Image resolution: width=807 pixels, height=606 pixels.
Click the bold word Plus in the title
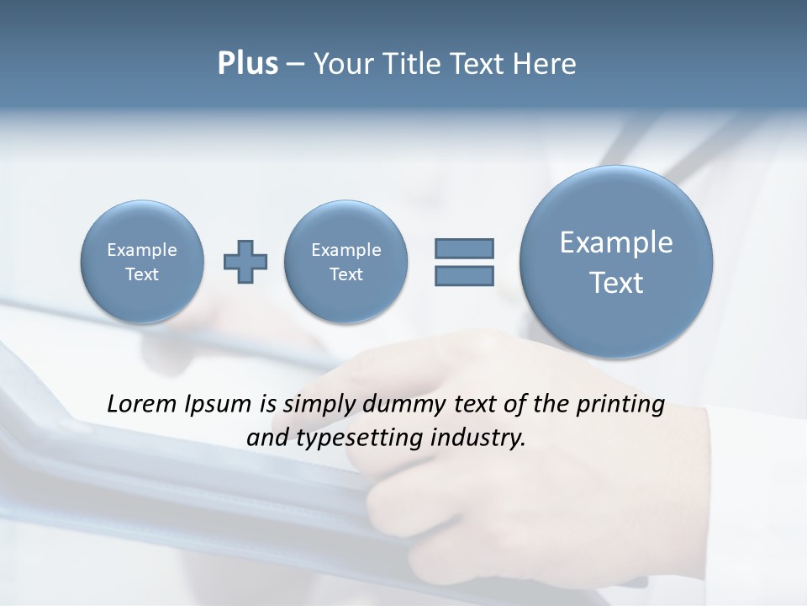coord(247,64)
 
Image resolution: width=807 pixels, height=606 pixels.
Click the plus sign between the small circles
coord(245,262)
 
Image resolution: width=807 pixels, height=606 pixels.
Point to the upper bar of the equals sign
coord(464,248)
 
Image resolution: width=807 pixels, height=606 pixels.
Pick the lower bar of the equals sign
coord(464,275)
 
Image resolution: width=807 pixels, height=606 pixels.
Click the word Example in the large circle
coord(616,242)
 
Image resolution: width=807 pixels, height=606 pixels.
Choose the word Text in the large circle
coord(616,283)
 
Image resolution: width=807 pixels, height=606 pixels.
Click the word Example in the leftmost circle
coord(142,250)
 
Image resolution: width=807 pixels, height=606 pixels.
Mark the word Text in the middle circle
coord(346,274)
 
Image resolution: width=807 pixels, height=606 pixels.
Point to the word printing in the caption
coord(621,404)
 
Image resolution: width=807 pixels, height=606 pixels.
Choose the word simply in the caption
coord(319,404)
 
